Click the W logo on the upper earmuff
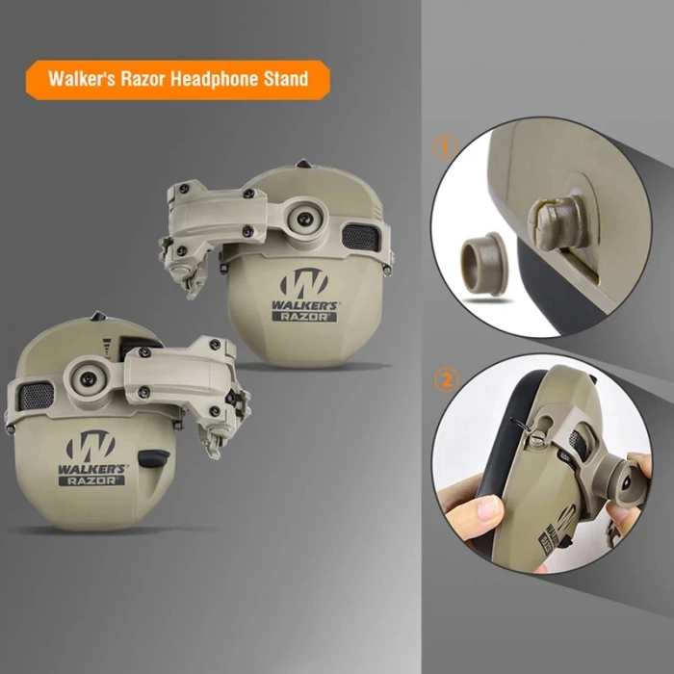[304, 283]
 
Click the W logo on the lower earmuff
[91, 444]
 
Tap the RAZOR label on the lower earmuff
[91, 479]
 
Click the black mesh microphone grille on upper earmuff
[359, 236]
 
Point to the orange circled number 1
[444, 147]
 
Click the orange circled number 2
[444, 380]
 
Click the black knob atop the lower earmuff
[96, 319]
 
